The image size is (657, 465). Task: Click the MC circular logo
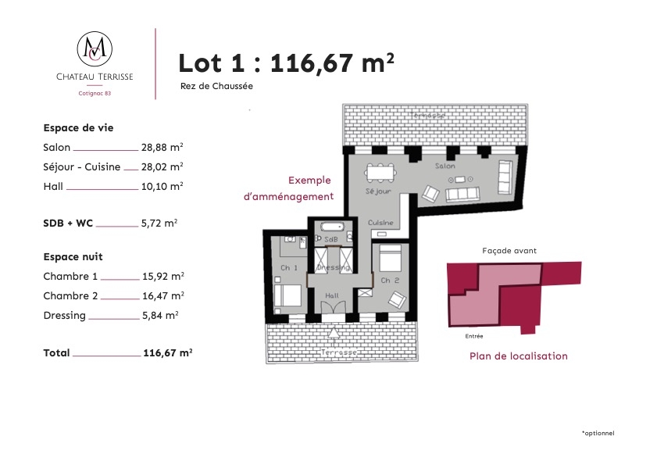coord(95,48)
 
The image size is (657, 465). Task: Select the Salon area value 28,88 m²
coord(162,147)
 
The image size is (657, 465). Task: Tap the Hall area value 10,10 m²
coord(162,186)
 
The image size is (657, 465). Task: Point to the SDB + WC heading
coord(68,223)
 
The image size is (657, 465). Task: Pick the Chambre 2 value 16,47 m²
coord(163,295)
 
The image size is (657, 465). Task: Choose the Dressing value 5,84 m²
coord(160,315)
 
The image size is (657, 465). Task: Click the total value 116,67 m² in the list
coord(168,352)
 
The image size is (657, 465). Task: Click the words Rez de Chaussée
coord(216,86)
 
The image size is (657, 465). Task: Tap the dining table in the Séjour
coord(380,173)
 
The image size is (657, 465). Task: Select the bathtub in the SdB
coord(332,227)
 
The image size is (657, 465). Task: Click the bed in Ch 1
coord(287,295)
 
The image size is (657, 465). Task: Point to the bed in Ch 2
coord(390,258)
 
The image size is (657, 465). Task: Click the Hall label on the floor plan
coord(332,295)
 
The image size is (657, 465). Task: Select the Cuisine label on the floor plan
coord(380,223)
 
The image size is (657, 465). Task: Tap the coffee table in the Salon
coord(460,180)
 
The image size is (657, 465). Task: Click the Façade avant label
coord(509,251)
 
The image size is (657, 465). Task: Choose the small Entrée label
coord(474,336)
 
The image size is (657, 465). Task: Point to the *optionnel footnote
coord(598,433)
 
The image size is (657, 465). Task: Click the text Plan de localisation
coord(518,356)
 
